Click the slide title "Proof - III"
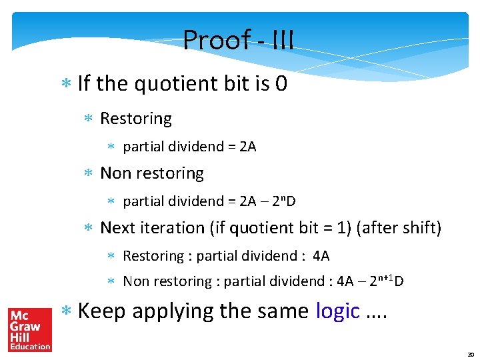point(238,40)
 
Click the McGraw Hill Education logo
point(29,329)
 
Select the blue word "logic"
point(337,311)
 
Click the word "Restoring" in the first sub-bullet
point(135,119)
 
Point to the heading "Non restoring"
point(151,173)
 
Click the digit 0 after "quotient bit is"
point(281,84)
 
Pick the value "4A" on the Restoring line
point(321,256)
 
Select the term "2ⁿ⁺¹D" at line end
point(389,281)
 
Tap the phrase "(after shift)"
point(399,228)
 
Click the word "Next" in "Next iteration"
point(117,228)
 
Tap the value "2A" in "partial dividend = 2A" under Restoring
point(247,147)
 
